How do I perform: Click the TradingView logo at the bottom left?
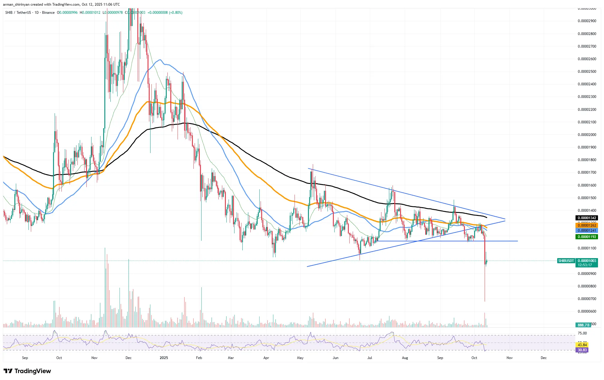[27, 371]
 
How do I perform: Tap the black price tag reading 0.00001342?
[587, 218]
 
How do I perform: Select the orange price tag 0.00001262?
[587, 225]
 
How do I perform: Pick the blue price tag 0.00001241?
[587, 231]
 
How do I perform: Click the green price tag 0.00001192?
[587, 237]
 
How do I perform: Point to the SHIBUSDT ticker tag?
[566, 261]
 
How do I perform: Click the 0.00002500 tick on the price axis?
[587, 72]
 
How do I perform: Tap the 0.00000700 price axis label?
[587, 299]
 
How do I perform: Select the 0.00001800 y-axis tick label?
[587, 160]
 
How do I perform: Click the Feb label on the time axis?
[199, 358]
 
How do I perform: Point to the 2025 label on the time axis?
[164, 358]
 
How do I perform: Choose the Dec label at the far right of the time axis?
[543, 358]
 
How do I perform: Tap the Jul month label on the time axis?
[370, 358]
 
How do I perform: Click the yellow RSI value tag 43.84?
[582, 345]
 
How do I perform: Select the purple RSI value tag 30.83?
[582, 350]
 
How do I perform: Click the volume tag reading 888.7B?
[583, 325]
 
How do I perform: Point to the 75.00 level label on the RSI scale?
[582, 333]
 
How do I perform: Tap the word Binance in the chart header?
[48, 13]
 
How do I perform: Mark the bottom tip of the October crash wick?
[485, 301]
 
